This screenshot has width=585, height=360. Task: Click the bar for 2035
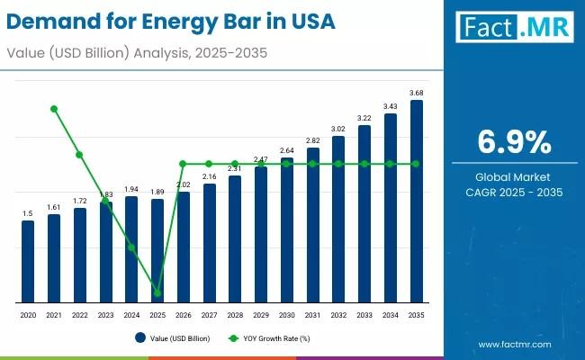coord(416,202)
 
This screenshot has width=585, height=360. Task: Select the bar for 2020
coord(28,261)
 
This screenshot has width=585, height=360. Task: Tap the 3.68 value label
coord(416,94)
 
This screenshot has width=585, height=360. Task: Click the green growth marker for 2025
coord(157,292)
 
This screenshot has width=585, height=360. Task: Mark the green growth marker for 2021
coord(54,109)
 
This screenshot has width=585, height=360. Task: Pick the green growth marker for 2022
coord(79,155)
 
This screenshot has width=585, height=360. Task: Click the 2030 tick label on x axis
coord(287,316)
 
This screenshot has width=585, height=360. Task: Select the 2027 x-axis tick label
coord(210,316)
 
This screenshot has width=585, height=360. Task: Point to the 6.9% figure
coord(514,142)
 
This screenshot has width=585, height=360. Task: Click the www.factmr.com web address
coord(515,344)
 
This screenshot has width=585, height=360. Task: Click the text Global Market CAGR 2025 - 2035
coord(514,184)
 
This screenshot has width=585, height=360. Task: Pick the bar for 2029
coord(261,234)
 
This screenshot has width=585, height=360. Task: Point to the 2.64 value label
coord(287,150)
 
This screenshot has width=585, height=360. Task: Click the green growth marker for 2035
coord(416,164)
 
